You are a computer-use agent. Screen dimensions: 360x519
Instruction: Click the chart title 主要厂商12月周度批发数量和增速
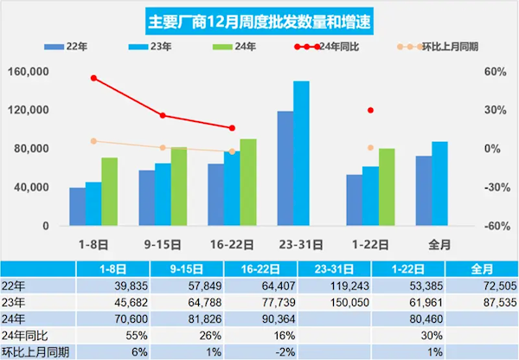259,19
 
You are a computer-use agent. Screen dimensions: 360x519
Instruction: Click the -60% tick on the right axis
493,226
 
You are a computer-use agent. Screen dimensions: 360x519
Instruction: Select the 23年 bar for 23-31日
301,153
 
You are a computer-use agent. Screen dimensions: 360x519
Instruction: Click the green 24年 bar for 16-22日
248,182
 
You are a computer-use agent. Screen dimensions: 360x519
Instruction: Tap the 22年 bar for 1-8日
78,206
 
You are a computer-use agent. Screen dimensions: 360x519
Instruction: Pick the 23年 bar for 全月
439,183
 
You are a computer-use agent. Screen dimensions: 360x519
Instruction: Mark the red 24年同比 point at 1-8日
93,78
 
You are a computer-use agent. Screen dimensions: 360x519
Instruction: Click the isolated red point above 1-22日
370,110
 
